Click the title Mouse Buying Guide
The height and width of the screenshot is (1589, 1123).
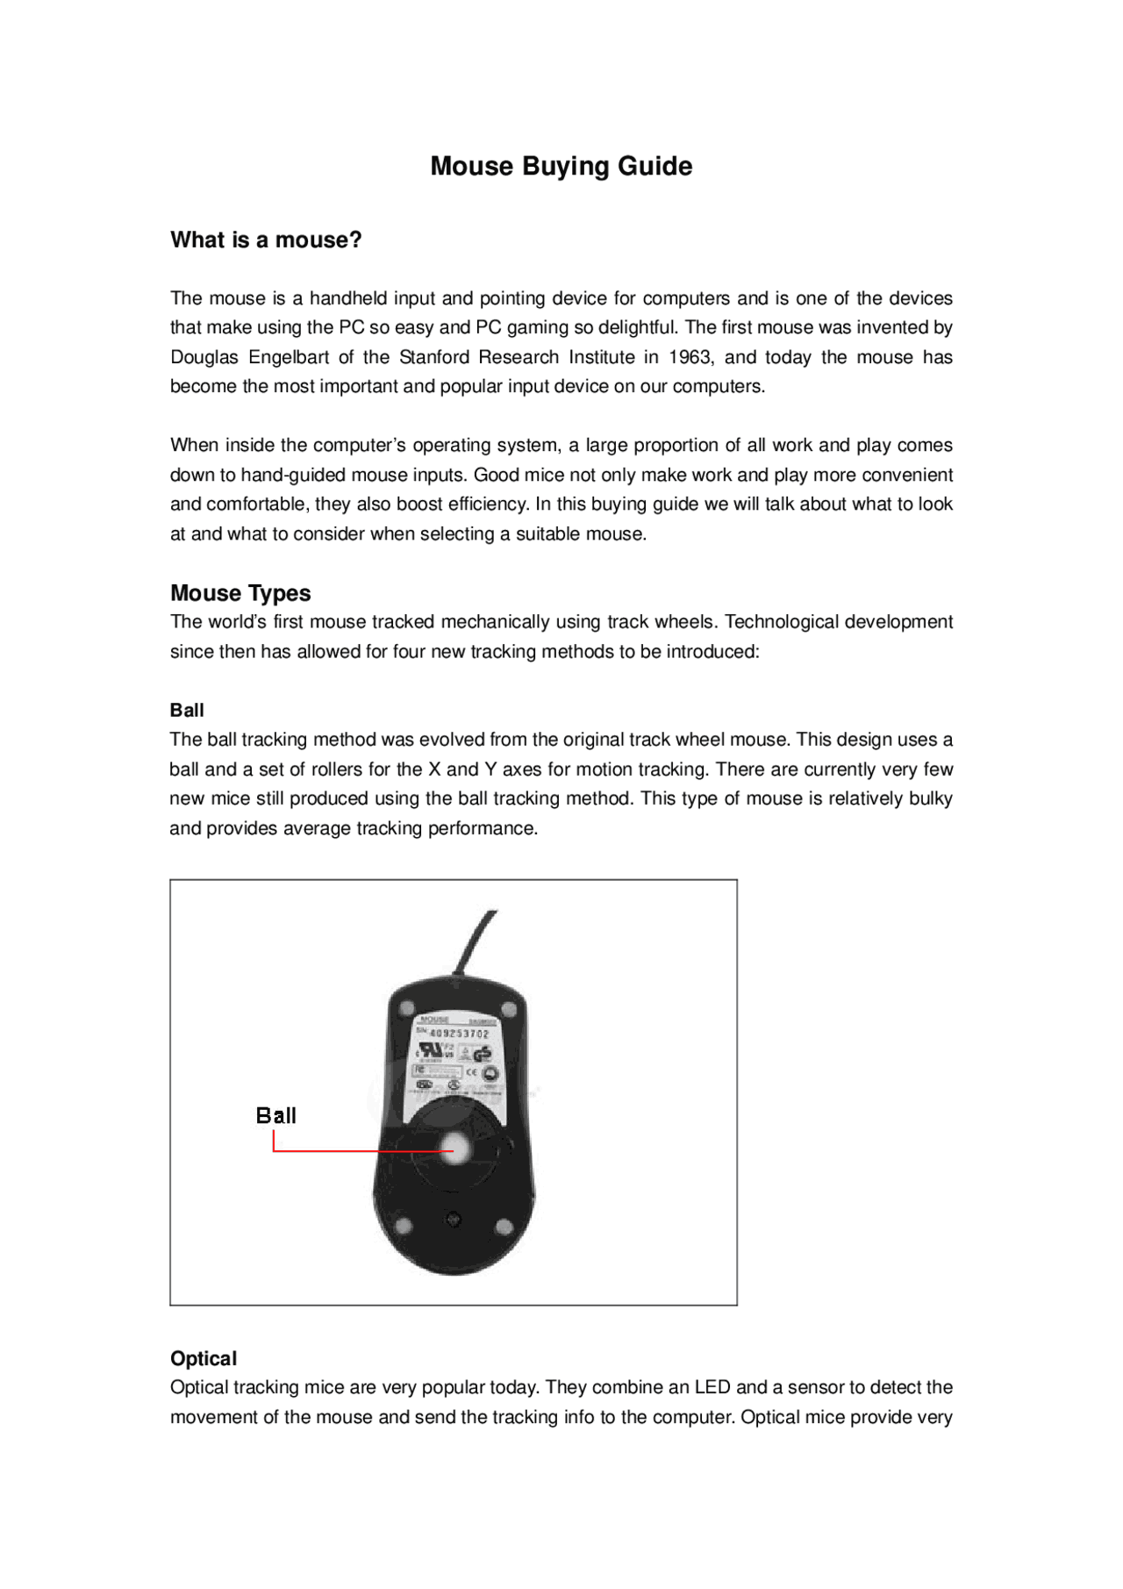pos(561,166)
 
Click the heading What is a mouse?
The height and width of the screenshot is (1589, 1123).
pos(266,240)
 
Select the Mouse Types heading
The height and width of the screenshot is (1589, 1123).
pos(240,593)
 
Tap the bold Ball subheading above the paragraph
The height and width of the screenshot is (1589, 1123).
pos(187,710)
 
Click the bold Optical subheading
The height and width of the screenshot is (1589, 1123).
pos(204,1358)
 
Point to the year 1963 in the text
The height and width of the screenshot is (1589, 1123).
pos(690,357)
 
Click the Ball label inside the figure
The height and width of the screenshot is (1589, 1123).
pos(275,1115)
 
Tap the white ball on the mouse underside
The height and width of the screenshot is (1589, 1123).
pos(454,1146)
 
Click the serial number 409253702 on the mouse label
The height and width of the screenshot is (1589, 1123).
pos(458,1034)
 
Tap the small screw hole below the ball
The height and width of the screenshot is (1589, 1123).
pos(454,1219)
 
